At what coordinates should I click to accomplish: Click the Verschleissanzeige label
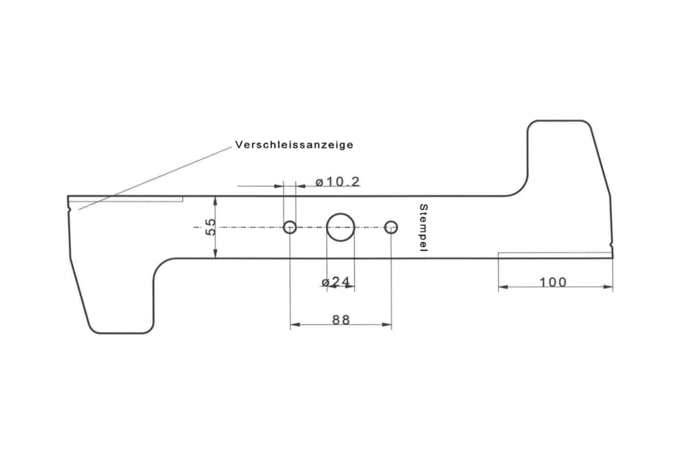point(294,145)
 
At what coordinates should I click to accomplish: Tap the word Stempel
point(423,228)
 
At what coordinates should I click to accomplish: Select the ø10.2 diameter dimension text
point(338,182)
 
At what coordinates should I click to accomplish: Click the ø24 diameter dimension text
point(335,282)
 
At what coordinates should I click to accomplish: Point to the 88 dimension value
point(341,320)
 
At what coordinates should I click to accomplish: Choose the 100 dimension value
point(553,283)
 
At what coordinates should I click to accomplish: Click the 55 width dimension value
point(211,227)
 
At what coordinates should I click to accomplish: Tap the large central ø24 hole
point(340,227)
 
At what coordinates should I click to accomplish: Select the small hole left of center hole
point(290,227)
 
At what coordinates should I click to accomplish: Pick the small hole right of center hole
point(391,227)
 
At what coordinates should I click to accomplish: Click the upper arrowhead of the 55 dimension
point(215,201)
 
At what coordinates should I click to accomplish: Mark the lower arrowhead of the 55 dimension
point(215,253)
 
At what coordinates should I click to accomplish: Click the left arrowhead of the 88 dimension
point(295,325)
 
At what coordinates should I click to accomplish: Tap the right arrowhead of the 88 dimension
point(386,325)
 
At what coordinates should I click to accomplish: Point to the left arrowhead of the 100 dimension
point(503,287)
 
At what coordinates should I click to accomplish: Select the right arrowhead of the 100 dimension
point(608,287)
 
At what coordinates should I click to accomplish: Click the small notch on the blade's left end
point(69,209)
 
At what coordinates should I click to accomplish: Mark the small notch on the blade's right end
point(611,244)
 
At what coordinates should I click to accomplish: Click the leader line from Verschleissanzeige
point(155,178)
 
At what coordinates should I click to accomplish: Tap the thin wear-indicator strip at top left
point(125,199)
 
